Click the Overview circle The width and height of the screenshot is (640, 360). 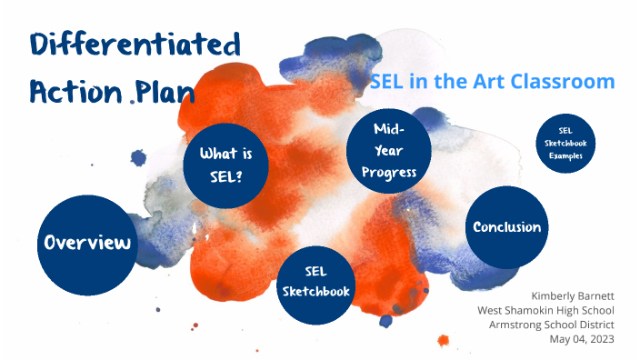coord(87,243)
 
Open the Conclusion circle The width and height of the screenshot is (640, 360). coord(506,227)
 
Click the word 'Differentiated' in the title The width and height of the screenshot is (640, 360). coord(136,45)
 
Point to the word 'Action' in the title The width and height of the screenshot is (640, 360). coord(76,92)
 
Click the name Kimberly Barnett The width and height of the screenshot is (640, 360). coord(573,296)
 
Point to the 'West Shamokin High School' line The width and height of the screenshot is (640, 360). coord(545,311)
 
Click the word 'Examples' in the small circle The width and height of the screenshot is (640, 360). coord(565,155)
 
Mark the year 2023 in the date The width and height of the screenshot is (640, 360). coord(600,340)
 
